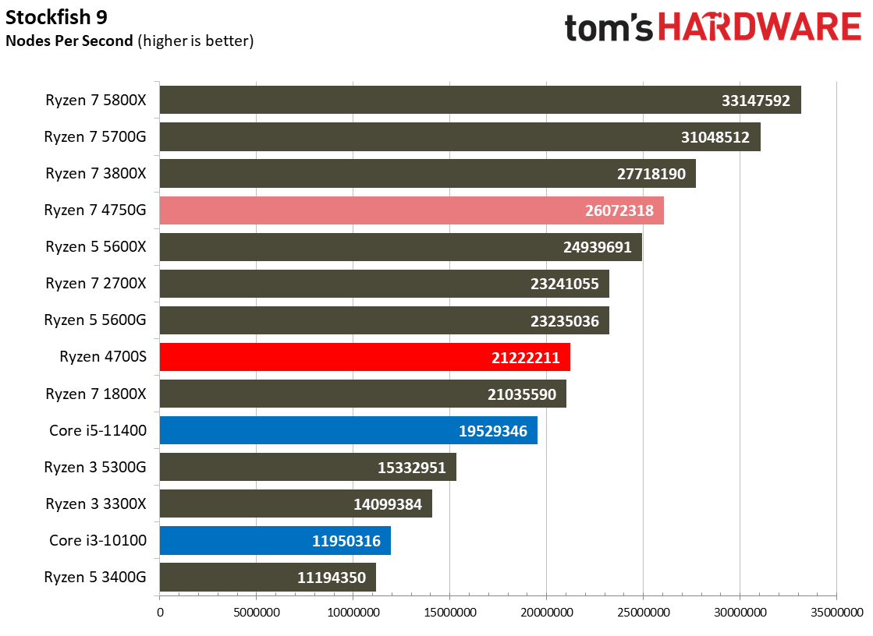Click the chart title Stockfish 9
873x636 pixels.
click(x=56, y=17)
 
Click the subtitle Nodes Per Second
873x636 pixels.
click(x=69, y=41)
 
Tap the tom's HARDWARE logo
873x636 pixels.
click(x=713, y=28)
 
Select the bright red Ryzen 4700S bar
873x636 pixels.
click(x=364, y=357)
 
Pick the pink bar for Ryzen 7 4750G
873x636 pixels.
click(x=411, y=210)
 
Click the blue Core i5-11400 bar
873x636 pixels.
click(x=349, y=430)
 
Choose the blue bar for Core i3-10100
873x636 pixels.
click(x=275, y=540)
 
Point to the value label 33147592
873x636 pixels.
click(x=755, y=101)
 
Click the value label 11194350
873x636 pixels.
click(x=332, y=578)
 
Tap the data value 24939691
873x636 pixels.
click(x=598, y=247)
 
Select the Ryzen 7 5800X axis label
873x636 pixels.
click(x=96, y=101)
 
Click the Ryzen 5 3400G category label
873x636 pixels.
click(x=95, y=577)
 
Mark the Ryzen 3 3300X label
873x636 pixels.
click(x=96, y=503)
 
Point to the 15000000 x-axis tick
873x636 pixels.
click(x=450, y=613)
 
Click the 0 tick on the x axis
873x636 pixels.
click(x=161, y=613)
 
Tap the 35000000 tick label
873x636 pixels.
click(x=837, y=613)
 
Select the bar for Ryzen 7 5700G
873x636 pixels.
click(x=460, y=137)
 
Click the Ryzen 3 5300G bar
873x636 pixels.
click(x=308, y=467)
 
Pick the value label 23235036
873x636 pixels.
click(x=565, y=321)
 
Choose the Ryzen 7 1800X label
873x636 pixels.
click(x=96, y=394)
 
